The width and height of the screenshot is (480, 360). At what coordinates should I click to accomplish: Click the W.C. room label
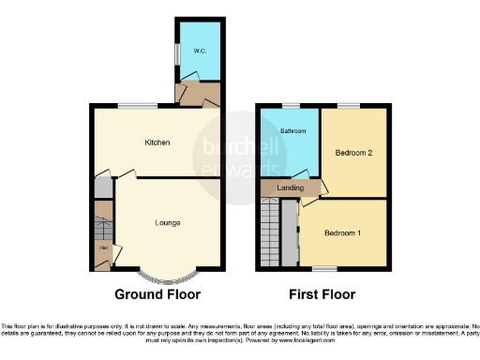tap(200, 51)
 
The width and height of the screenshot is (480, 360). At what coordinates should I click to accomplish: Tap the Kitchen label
tap(157, 142)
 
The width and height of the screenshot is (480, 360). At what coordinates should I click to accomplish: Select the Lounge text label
tap(168, 222)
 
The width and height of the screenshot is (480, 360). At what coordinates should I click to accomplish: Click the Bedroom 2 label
tap(353, 152)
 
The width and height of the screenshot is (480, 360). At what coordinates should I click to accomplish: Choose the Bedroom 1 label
tap(342, 232)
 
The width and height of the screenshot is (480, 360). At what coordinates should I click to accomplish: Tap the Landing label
tap(292, 188)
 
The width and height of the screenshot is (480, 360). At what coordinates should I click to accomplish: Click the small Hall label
tap(102, 247)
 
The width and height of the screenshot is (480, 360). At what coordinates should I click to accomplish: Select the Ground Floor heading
tap(157, 294)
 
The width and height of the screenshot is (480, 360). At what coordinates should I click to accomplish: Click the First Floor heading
tap(322, 294)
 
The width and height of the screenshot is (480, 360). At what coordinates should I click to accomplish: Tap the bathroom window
tap(291, 105)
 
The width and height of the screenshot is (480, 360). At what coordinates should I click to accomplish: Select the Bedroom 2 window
tap(349, 105)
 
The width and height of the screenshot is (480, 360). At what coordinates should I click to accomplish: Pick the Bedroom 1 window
tap(324, 269)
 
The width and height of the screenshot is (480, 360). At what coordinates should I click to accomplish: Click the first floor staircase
tap(271, 234)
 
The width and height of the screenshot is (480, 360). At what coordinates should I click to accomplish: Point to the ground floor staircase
tap(102, 228)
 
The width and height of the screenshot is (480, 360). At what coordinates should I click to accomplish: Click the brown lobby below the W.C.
tap(199, 92)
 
